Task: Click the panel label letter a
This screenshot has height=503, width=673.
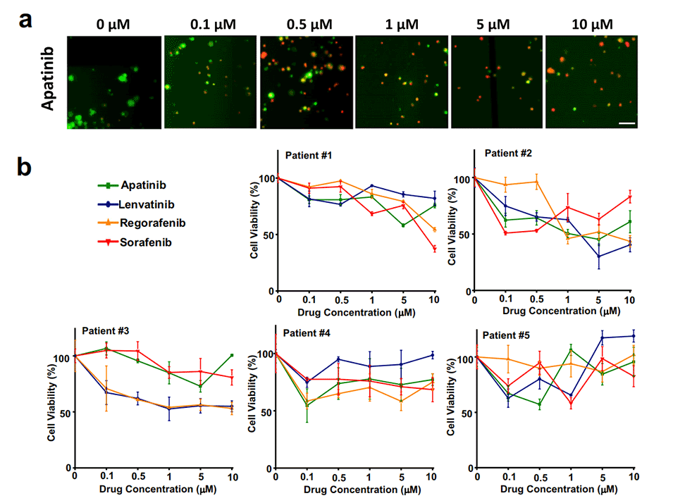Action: tap(26, 20)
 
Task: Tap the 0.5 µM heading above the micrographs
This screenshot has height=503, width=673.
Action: tap(304, 23)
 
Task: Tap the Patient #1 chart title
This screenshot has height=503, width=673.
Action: tap(309, 155)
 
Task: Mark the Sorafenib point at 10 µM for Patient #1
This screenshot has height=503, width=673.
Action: tap(435, 249)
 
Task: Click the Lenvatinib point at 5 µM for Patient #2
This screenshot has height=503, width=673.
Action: tap(599, 256)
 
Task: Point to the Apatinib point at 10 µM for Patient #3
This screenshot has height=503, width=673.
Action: tap(232, 355)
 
